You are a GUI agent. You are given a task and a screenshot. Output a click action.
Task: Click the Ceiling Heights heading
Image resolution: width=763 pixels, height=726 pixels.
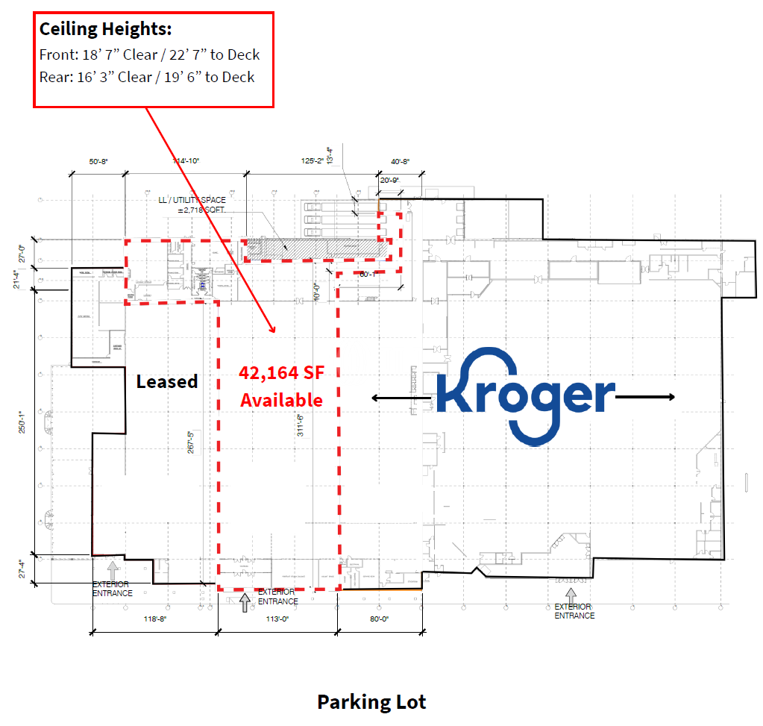(105, 29)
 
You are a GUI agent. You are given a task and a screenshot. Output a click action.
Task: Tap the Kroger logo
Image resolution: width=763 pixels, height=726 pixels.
(525, 396)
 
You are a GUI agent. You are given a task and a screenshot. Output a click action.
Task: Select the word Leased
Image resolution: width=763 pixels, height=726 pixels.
(166, 381)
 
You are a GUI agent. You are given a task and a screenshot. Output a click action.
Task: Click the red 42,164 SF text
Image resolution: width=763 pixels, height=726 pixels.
(280, 373)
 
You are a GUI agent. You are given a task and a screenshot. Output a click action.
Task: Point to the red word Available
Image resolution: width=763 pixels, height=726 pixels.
(281, 400)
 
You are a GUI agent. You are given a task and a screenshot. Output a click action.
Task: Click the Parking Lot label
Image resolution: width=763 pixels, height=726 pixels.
(371, 702)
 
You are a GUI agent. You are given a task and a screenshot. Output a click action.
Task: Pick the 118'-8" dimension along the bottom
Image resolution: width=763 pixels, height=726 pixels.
(154, 619)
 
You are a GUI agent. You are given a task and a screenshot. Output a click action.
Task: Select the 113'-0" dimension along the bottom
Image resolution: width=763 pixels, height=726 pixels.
(277, 619)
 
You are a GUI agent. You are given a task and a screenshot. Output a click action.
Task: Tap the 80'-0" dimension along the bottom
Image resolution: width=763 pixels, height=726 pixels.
(379, 619)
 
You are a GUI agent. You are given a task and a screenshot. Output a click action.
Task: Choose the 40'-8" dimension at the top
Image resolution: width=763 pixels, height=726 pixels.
(400, 161)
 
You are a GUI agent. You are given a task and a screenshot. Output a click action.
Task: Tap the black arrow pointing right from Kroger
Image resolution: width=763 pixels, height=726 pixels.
(646, 397)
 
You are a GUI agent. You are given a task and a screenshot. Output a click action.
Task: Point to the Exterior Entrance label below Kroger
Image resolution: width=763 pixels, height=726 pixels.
(574, 611)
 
